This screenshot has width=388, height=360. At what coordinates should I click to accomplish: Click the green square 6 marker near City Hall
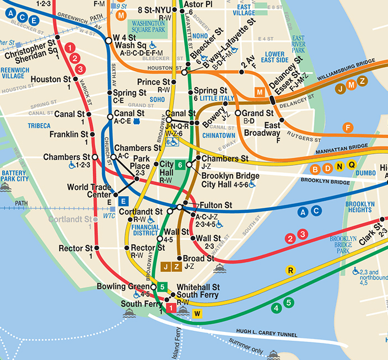tap(180, 164)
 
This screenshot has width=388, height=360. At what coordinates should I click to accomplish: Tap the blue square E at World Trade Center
tap(124, 201)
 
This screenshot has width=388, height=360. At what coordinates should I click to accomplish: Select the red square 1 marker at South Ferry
tap(171, 309)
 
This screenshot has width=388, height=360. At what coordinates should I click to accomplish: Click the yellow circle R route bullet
tap(290, 270)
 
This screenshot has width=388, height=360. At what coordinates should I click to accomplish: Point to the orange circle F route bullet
tap(347, 128)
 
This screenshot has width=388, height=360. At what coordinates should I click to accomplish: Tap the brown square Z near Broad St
tap(176, 267)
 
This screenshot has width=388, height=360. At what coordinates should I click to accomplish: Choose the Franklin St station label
tap(68, 134)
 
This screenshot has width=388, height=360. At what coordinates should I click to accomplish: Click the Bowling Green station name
tap(123, 287)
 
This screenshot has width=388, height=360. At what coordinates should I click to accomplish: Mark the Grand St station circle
tap(238, 113)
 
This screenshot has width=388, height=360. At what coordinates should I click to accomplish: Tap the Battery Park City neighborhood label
tap(14, 176)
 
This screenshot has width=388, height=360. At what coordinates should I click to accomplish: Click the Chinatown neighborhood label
tap(218, 135)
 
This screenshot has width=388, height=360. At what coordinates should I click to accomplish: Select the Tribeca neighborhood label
tap(39, 126)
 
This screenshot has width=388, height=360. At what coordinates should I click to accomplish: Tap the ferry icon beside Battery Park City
tap(6, 187)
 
